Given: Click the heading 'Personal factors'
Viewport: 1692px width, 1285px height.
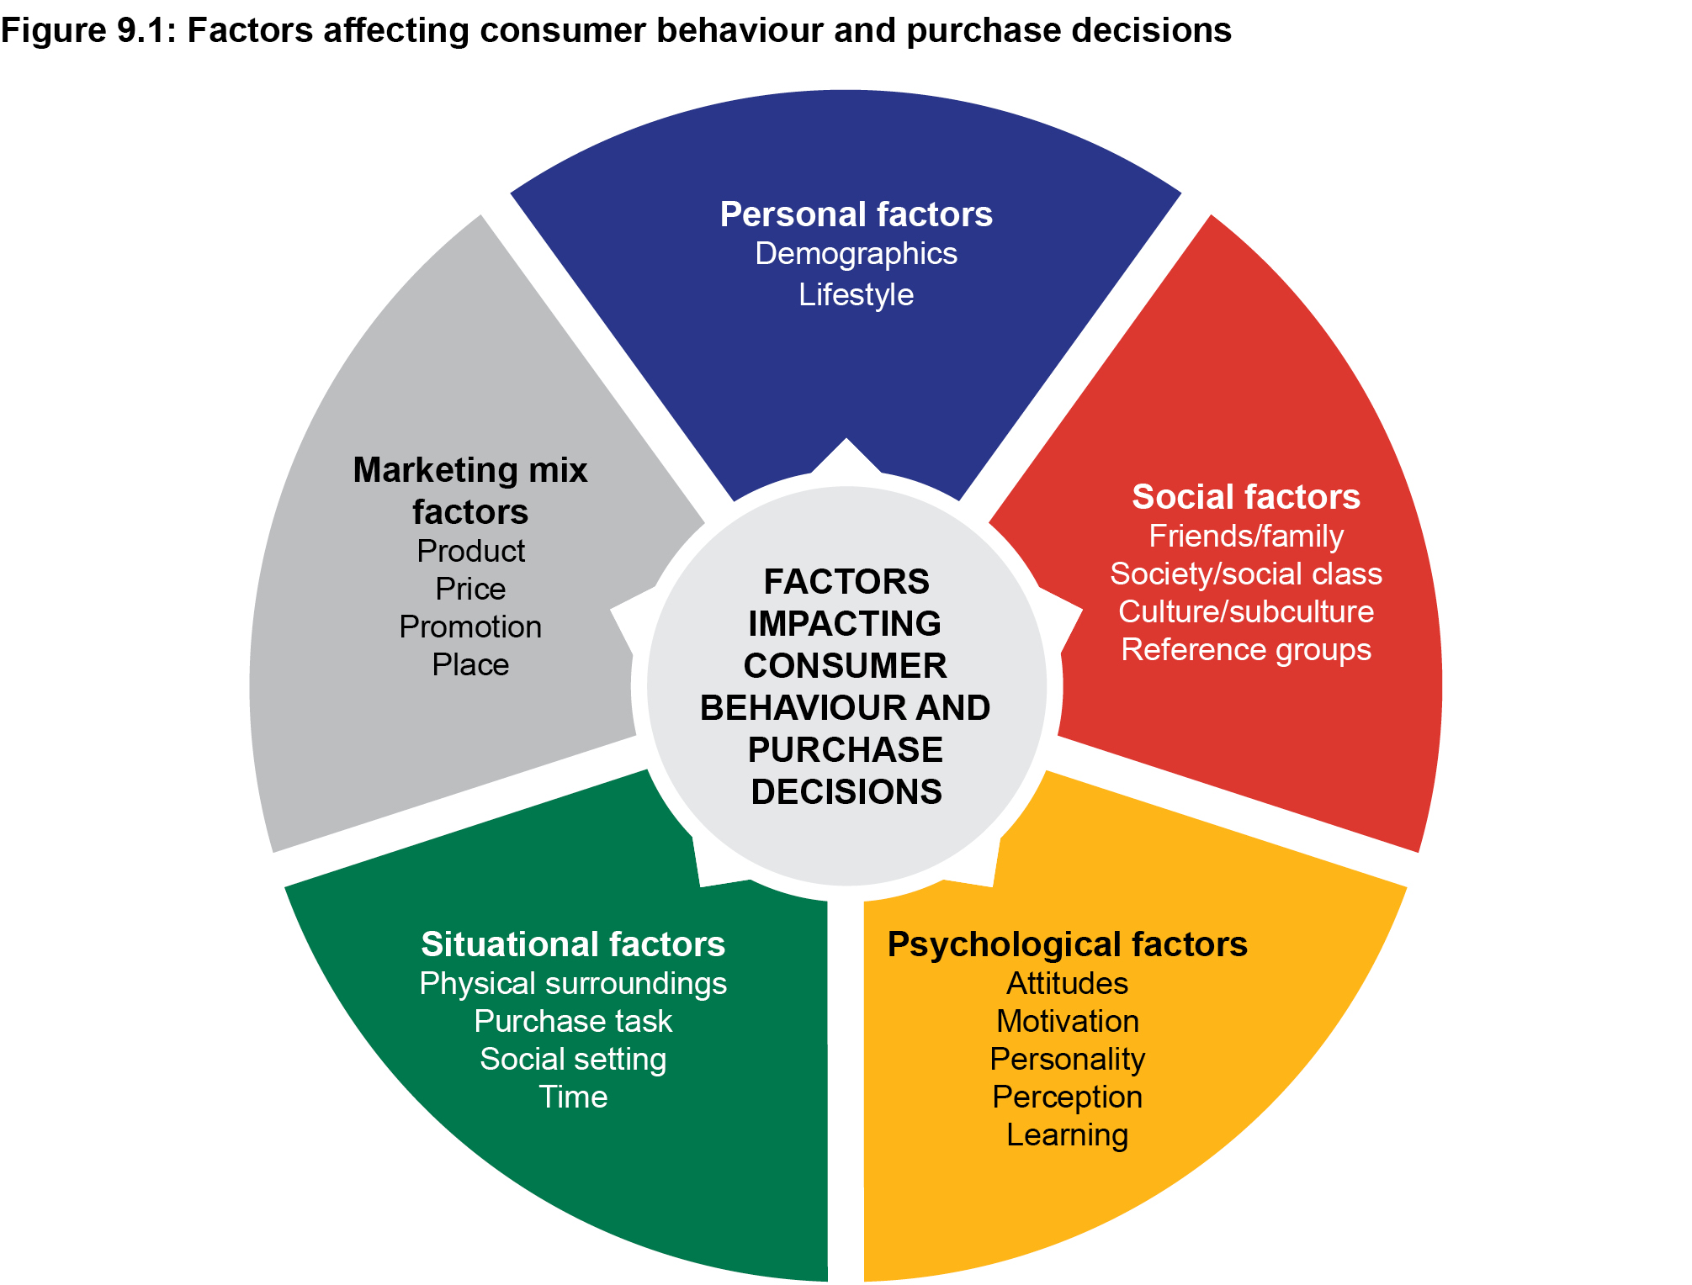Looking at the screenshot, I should click(856, 214).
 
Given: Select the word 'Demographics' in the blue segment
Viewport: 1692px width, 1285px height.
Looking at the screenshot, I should click(856, 254).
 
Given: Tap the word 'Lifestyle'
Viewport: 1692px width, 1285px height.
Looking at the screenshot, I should click(856, 295).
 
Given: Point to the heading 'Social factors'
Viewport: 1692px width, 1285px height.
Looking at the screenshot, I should click(1245, 497).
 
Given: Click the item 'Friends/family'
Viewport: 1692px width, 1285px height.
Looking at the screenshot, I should click(1245, 537).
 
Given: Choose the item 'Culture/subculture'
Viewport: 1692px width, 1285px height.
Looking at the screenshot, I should click(1245, 612).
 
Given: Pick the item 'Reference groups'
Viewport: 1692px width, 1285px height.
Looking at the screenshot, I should click(1245, 650).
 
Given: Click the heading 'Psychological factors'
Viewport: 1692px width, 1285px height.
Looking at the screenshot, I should click(1067, 944).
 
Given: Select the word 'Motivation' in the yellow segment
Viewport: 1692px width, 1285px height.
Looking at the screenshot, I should click(1067, 1022).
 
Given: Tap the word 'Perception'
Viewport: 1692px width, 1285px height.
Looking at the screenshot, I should click(1067, 1097).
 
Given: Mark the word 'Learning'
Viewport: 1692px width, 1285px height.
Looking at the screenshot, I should click(1067, 1135).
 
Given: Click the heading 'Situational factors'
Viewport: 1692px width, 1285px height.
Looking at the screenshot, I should click(573, 944).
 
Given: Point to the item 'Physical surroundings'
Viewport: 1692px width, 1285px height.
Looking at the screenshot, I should click(573, 984).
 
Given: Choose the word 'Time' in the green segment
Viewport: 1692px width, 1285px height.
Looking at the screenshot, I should click(573, 1097).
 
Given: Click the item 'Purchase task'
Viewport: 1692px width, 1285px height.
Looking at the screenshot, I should click(573, 1022).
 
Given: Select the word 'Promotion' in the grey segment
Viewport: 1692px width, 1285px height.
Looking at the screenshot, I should click(470, 627).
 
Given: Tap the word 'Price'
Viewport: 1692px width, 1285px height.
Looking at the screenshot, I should click(470, 590).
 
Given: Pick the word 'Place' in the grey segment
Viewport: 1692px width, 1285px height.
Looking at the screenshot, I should click(470, 665).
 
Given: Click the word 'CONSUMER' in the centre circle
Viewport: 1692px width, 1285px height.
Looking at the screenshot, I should click(845, 666).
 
